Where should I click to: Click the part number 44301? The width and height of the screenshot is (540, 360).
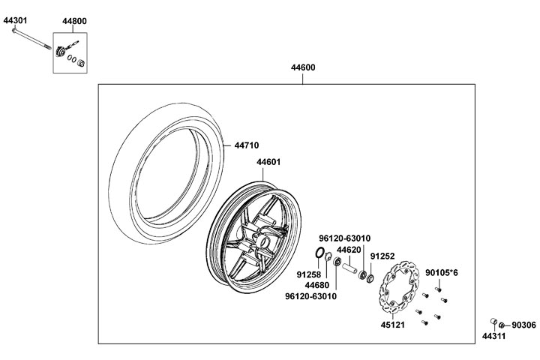15,22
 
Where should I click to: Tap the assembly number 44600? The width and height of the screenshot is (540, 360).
303,68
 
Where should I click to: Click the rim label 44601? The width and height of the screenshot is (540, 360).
268,162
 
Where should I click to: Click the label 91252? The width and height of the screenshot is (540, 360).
382,255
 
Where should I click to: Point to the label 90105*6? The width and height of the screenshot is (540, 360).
442,272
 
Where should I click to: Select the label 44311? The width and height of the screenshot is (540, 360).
493,336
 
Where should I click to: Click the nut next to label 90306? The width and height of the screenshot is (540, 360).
502,324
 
